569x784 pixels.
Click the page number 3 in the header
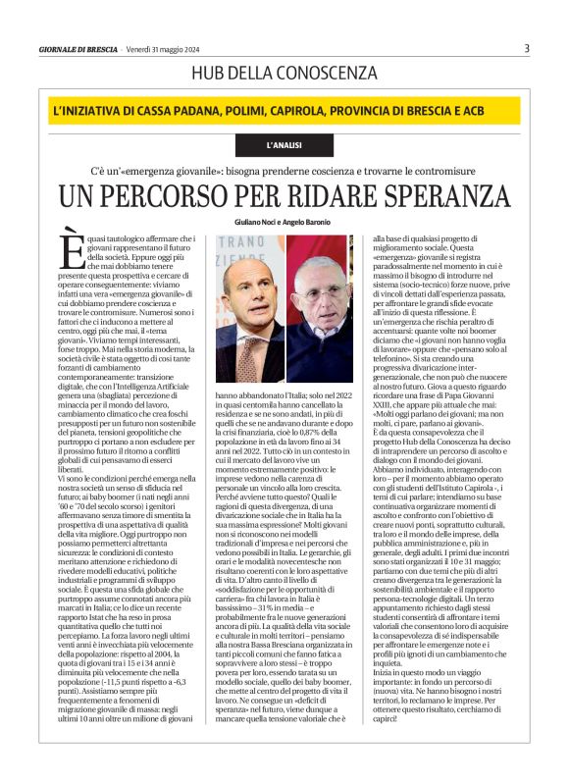pyautogui.click(x=527, y=48)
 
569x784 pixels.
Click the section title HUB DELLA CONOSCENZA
pyautogui.click(x=284, y=73)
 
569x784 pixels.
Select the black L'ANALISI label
pyautogui.click(x=284, y=145)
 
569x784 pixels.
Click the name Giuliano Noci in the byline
pyautogui.click(x=258, y=223)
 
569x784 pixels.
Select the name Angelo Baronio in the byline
pyautogui.click(x=310, y=223)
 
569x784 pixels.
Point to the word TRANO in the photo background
pyautogui.click(x=238, y=241)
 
